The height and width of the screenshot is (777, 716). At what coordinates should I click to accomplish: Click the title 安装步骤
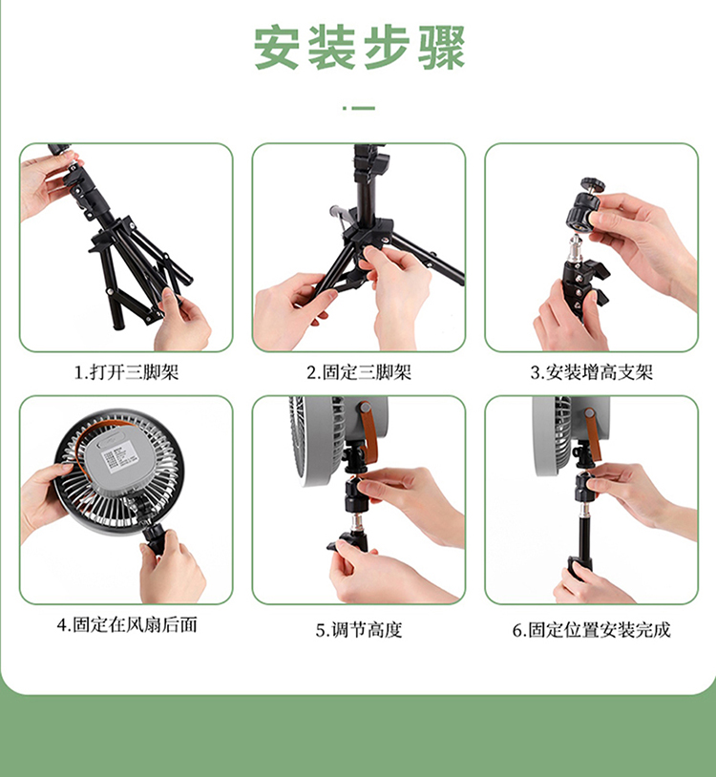tap(359, 48)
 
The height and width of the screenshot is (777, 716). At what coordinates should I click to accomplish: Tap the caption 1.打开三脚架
tap(126, 372)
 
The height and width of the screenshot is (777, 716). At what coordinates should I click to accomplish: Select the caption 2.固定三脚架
tap(359, 372)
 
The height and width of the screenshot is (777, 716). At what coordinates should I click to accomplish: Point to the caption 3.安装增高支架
tap(592, 372)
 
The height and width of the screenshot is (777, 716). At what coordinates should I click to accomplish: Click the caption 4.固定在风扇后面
tap(127, 625)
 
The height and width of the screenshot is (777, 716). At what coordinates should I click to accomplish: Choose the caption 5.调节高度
tap(359, 630)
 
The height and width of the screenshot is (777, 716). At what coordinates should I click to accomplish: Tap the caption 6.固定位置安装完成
tap(592, 630)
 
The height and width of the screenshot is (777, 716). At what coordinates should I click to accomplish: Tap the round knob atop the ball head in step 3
tap(593, 184)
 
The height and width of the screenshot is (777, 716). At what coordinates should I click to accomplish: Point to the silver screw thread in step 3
tap(575, 245)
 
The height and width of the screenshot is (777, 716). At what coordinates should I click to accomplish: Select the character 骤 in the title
tap(441, 48)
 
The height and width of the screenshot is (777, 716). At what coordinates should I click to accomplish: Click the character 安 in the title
tap(277, 48)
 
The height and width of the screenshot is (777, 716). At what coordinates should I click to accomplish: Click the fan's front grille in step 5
tap(317, 438)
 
